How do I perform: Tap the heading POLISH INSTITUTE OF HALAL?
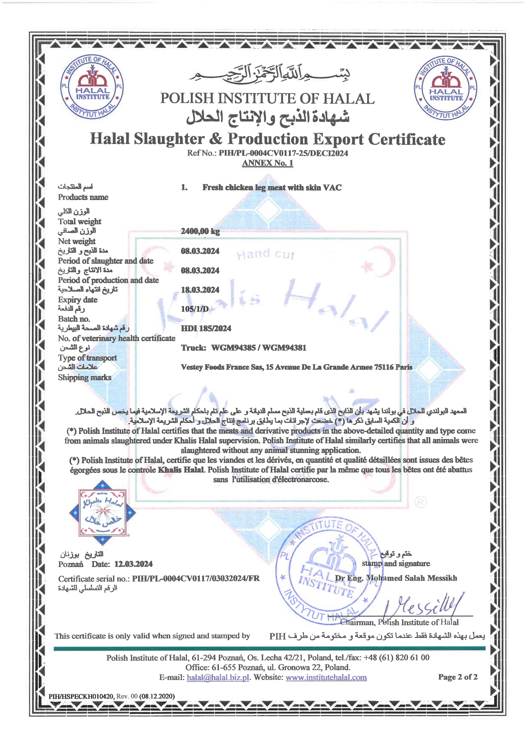click(x=267, y=99)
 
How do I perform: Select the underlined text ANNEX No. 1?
click(x=267, y=163)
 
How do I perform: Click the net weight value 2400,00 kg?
click(x=200, y=231)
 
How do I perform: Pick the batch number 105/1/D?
click(x=195, y=309)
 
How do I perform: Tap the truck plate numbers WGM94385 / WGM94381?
click(x=259, y=348)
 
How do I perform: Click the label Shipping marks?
click(x=85, y=378)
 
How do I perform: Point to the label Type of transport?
click(x=87, y=358)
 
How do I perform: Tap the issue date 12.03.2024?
click(x=133, y=564)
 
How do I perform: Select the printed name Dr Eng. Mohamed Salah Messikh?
click(x=396, y=578)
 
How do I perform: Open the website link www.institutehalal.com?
click(x=326, y=677)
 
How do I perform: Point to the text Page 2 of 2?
click(x=458, y=677)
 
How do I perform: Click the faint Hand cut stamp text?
click(x=266, y=254)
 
